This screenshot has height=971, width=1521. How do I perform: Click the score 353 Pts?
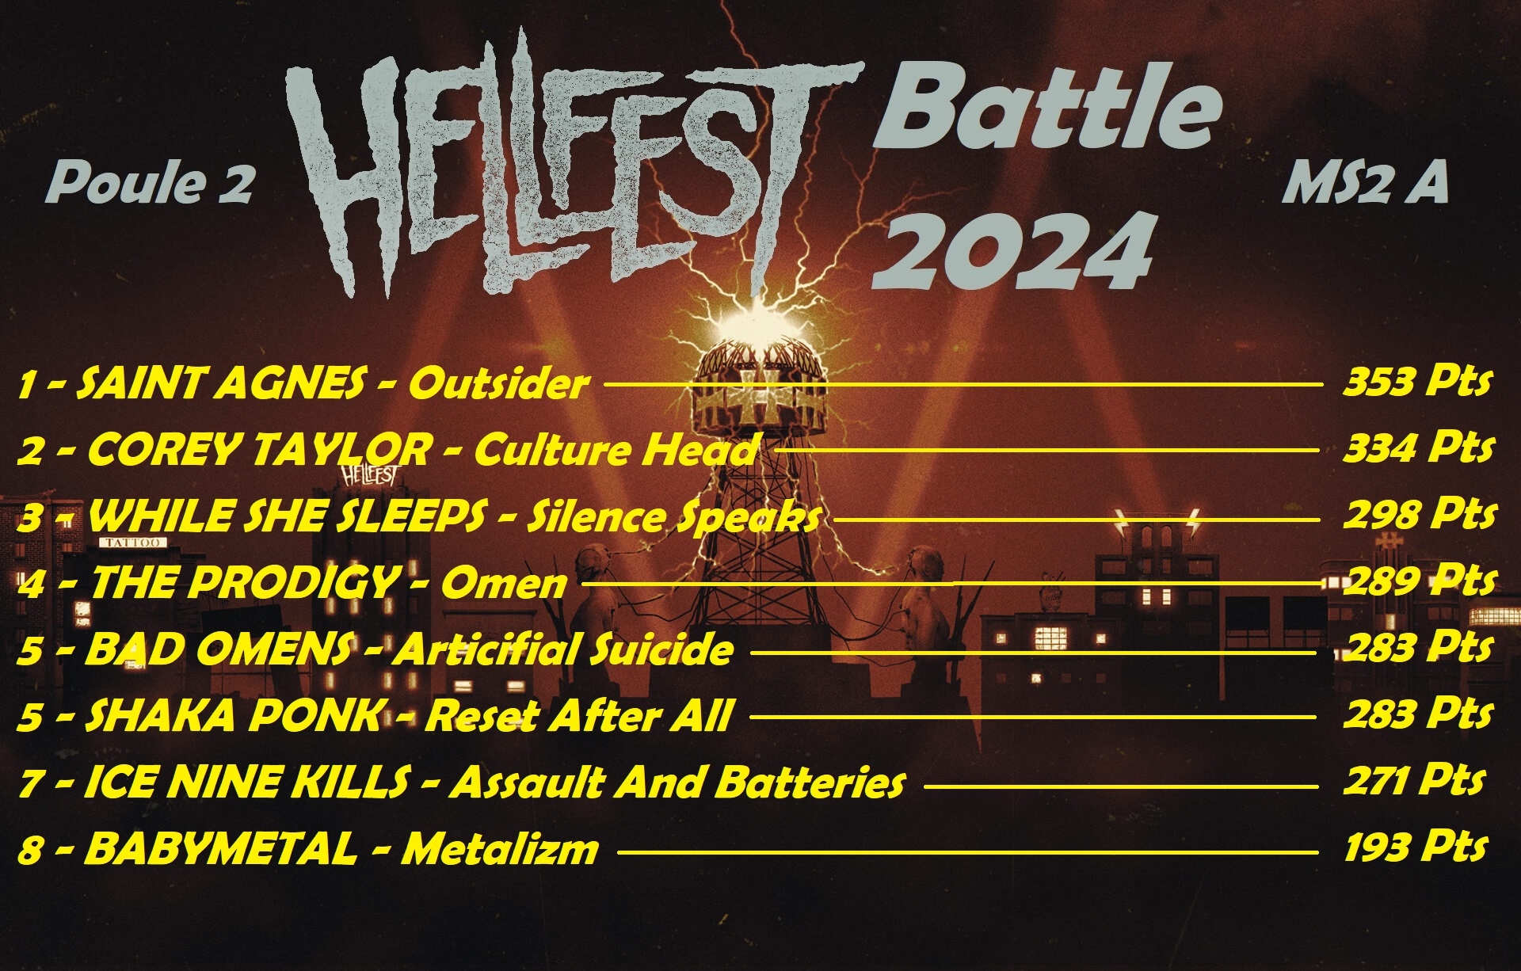[x=1417, y=383]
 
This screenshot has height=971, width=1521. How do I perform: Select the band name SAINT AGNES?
[x=223, y=384]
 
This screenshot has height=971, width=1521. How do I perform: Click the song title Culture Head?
[x=615, y=450]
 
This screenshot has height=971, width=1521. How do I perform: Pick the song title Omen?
[x=504, y=584]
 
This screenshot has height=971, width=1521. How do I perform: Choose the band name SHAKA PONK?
[x=232, y=716]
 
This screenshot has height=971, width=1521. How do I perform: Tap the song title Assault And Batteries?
[x=677, y=783]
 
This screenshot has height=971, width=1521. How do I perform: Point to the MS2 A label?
[x=1365, y=183]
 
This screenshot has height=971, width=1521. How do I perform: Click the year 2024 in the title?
[x=1012, y=251]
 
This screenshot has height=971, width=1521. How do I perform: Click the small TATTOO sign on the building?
[x=133, y=543]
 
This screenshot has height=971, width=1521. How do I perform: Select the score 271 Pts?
[x=1414, y=781]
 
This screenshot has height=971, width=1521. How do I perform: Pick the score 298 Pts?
[x=1420, y=515]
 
